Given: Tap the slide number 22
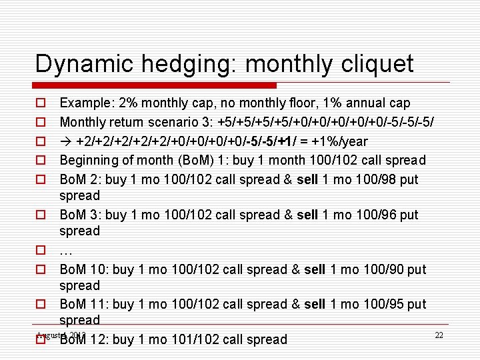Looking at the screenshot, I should [439, 335].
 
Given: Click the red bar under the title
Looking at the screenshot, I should [155, 85].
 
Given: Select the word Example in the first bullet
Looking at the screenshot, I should [85, 103].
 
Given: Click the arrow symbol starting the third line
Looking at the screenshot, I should [66, 141].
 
